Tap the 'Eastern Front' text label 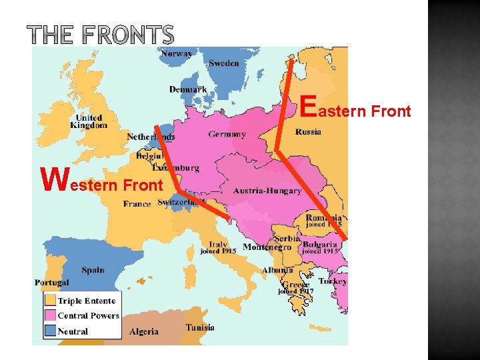pyautogui.click(x=355, y=109)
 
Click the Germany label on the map pyautogui.click(x=227, y=134)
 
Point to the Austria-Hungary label pyautogui.click(x=267, y=191)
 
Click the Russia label pyautogui.click(x=308, y=131)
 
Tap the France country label pyautogui.click(x=137, y=204)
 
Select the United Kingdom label pyautogui.click(x=89, y=121)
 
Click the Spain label pyautogui.click(x=93, y=270)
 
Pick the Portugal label pyautogui.click(x=52, y=283)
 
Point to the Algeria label pyautogui.click(x=144, y=331)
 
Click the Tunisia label pyautogui.click(x=200, y=327)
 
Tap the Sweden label pyautogui.click(x=223, y=63)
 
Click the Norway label pyautogui.click(x=177, y=53)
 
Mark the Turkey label pyautogui.click(x=332, y=281)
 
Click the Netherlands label pyautogui.click(x=151, y=137)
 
